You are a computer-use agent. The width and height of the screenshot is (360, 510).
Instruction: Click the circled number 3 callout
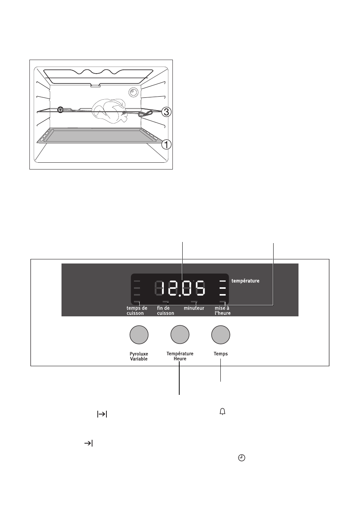click(166, 112)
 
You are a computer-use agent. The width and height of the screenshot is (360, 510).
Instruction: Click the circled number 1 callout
click(166, 144)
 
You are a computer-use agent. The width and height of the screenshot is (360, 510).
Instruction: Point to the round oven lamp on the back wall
click(133, 92)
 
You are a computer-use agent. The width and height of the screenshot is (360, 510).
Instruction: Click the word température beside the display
click(245, 281)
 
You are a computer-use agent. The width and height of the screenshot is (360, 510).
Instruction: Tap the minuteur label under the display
click(194, 308)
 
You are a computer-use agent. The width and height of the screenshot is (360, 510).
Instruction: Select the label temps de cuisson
click(137, 311)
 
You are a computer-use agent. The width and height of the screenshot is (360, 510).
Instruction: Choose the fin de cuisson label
click(165, 311)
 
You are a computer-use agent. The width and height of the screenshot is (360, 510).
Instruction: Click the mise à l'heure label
click(223, 311)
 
